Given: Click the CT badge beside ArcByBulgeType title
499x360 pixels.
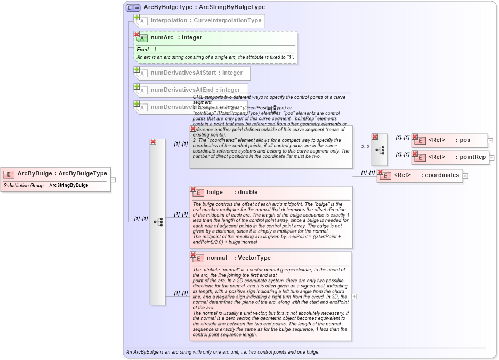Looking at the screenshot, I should coord(133,7).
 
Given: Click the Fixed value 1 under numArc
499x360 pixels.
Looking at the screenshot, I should coord(156,50).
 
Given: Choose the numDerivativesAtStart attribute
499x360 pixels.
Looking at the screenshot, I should coord(196,73).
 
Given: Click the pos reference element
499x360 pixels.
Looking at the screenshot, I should coord(451,140).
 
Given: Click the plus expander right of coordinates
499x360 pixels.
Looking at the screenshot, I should coord(465,175).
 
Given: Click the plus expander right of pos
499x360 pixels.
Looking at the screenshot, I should coord(490,141).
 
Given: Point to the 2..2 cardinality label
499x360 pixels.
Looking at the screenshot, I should coord(365,146).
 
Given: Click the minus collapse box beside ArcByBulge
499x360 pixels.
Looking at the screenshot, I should coord(113,180).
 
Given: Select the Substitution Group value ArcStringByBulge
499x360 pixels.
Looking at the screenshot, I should coord(69,185).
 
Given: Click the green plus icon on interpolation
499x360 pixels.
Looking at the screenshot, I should coord(137,17).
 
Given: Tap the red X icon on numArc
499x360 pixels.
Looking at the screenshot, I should coord(137,34).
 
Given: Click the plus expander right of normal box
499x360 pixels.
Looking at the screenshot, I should coord(355,297).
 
